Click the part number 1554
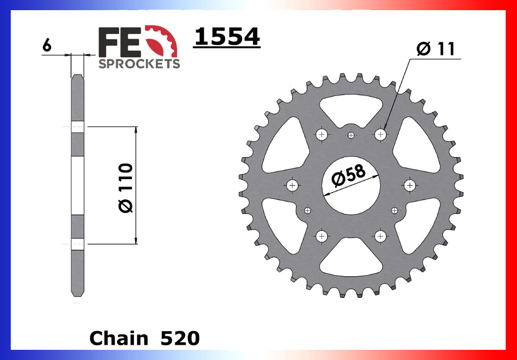click(x=226, y=37)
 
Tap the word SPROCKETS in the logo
click(x=139, y=63)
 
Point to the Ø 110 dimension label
click(x=126, y=188)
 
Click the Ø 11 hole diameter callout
click(x=435, y=49)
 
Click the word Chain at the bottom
click(x=119, y=338)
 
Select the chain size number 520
click(x=180, y=338)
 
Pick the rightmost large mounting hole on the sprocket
click(x=410, y=185)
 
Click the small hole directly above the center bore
click(x=351, y=136)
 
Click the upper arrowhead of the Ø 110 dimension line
click(x=136, y=131)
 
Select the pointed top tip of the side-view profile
click(x=77, y=76)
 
